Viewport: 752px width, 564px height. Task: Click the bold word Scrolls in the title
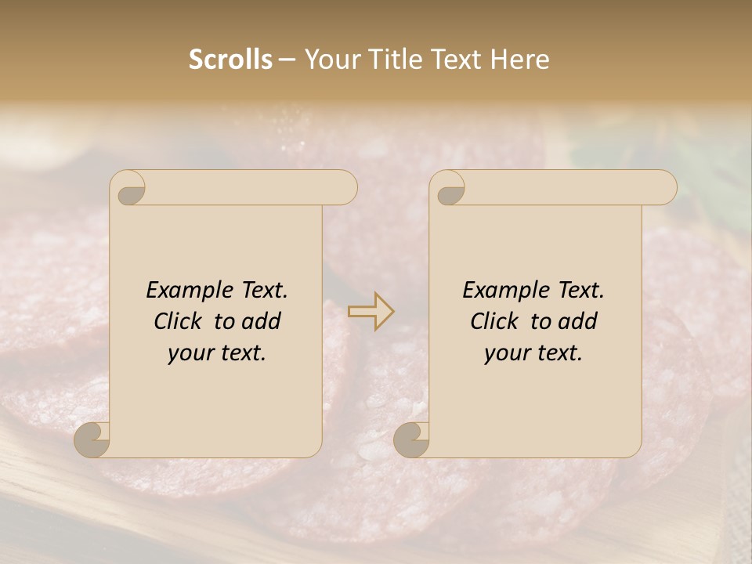230,60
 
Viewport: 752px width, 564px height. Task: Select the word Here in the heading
520,60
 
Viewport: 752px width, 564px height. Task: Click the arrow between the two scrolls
371,312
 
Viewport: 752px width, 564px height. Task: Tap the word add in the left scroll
261,322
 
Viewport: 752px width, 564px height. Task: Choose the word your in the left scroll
190,354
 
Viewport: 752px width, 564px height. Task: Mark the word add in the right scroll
577,322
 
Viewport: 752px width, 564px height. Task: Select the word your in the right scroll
506,354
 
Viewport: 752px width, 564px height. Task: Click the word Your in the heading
333,60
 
